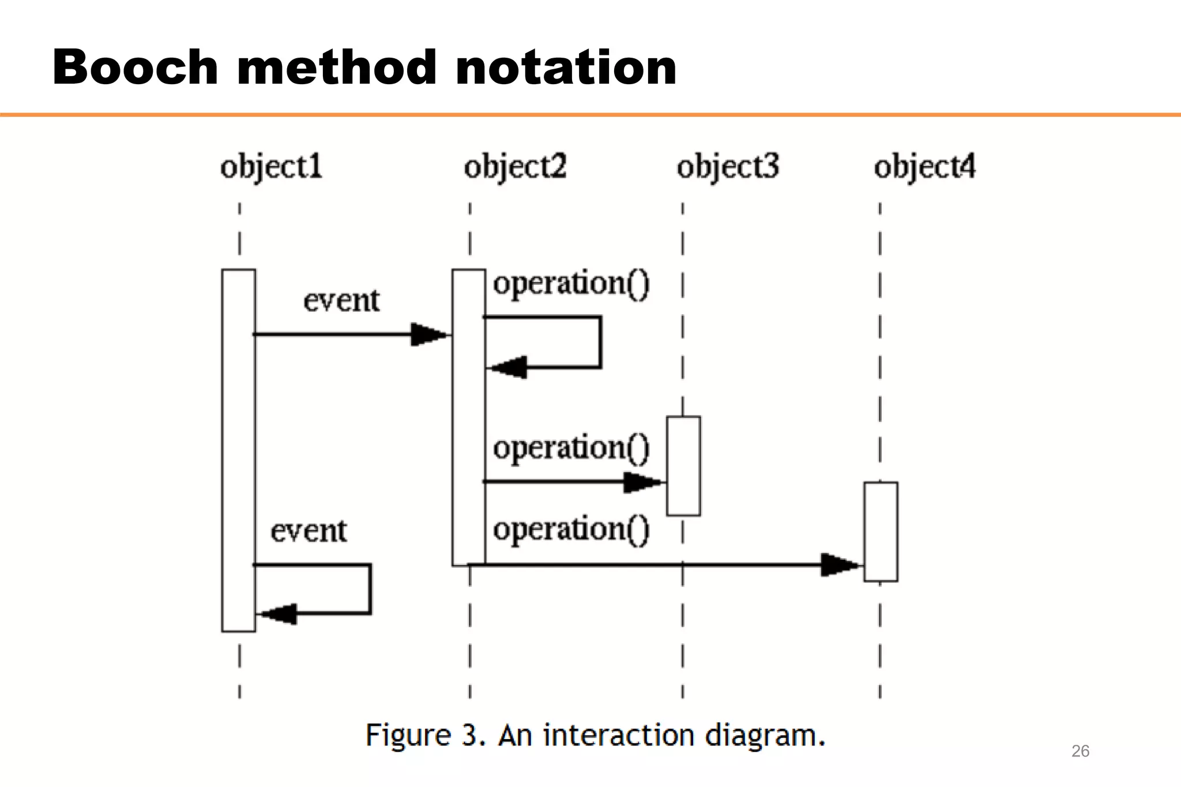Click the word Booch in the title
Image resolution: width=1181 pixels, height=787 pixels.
[135, 68]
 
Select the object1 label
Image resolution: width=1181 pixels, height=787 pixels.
[271, 167]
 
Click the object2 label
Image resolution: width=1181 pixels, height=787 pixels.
[515, 167]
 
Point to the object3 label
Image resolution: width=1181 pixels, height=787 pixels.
[728, 167]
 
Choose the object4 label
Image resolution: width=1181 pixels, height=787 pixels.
[924, 167]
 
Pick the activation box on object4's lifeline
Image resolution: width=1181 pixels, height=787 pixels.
[881, 532]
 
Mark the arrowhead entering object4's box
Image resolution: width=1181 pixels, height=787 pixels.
[840, 565]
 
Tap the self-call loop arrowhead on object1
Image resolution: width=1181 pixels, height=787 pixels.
[279, 614]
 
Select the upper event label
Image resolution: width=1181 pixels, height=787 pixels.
[341, 301]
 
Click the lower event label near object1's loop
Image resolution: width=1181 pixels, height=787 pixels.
[309, 531]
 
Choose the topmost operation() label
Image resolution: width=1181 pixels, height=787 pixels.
[571, 284]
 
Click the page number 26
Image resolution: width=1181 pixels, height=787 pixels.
[1080, 751]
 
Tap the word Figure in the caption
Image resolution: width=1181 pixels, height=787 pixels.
[408, 736]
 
